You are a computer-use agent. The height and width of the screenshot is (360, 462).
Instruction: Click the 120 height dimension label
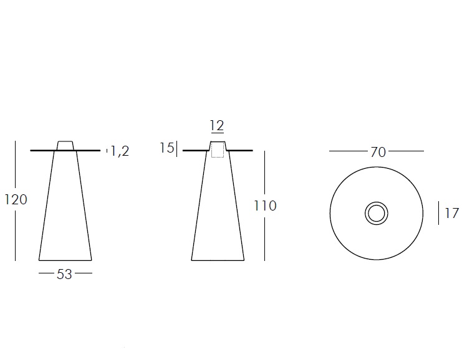point(16,199)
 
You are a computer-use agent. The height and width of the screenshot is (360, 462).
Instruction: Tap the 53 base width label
point(65,274)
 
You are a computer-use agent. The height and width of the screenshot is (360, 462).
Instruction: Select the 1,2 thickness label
point(120,150)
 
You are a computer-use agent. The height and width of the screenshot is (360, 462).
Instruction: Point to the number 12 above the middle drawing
point(217,126)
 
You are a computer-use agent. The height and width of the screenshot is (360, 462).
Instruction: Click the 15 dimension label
point(166,148)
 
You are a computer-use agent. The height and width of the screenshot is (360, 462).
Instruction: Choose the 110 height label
point(265,206)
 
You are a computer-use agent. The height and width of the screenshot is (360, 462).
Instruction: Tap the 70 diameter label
point(378,151)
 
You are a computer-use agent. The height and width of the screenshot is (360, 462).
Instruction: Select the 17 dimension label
point(452,214)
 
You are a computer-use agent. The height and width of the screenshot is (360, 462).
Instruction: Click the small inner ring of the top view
point(377,214)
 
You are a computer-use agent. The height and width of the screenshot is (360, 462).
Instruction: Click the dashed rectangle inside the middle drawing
point(217,150)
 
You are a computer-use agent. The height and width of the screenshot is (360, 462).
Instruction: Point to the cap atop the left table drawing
point(65,145)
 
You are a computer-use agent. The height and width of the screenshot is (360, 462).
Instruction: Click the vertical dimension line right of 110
point(265,237)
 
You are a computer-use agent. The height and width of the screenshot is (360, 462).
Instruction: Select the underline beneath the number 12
point(217,133)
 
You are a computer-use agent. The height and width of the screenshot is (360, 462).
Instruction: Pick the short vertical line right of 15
point(178,149)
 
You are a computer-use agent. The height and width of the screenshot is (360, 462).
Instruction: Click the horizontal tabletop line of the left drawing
point(44,151)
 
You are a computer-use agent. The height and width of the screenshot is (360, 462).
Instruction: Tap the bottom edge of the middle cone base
point(217,260)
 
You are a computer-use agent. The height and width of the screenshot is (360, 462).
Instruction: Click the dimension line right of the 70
point(405,151)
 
